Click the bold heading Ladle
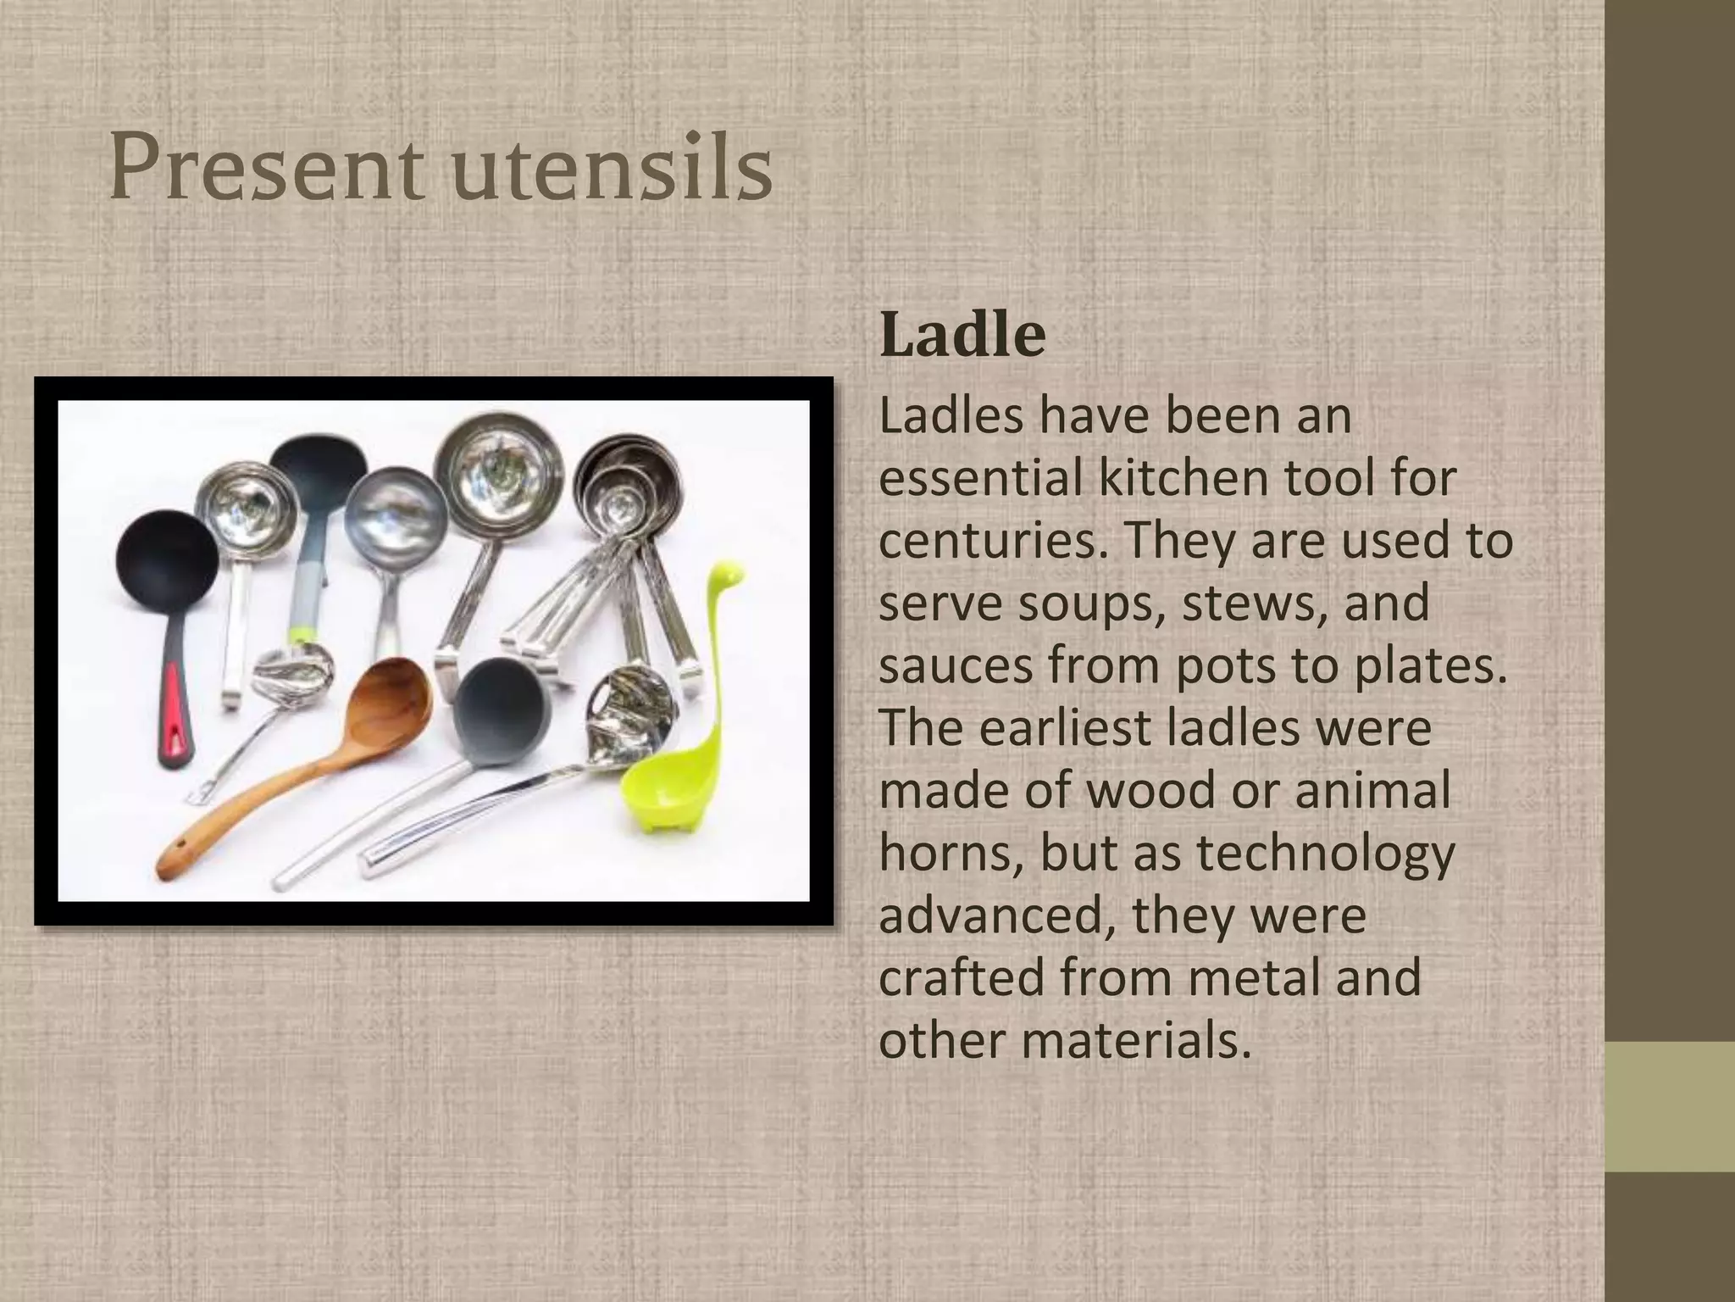[x=962, y=336]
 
